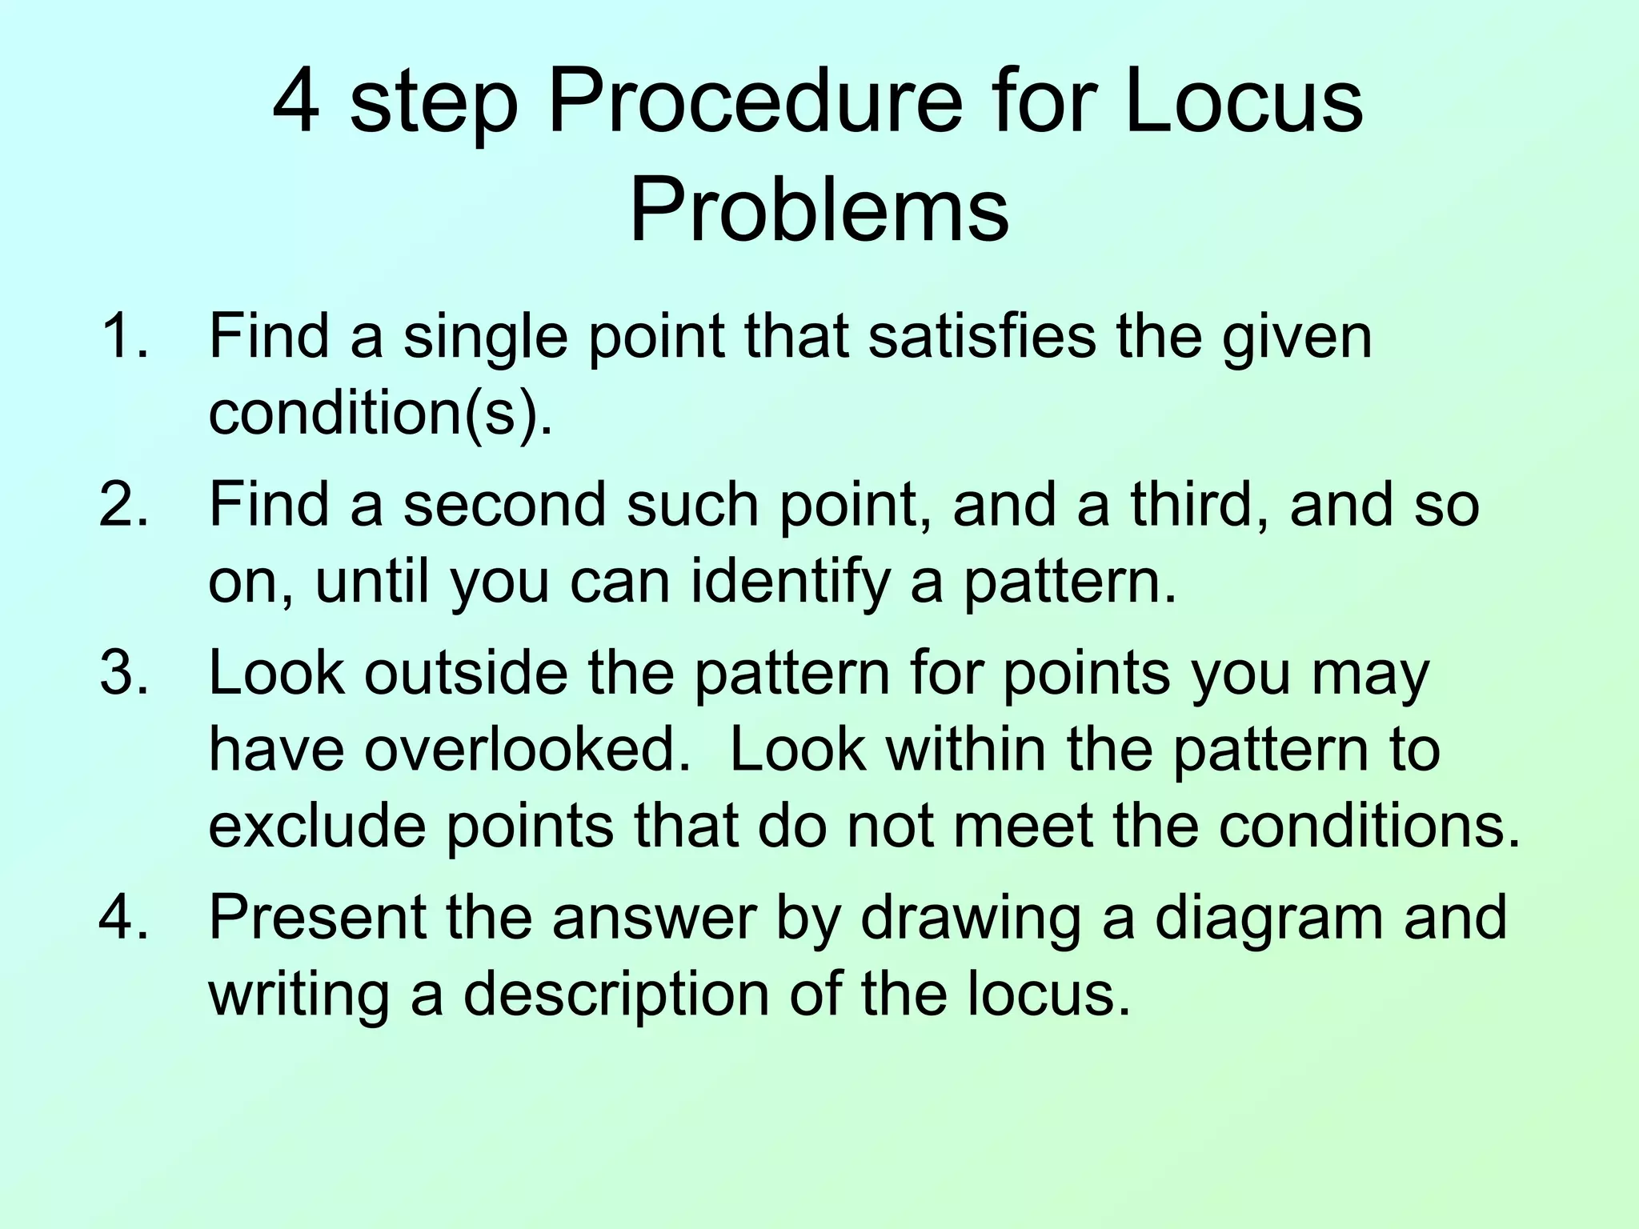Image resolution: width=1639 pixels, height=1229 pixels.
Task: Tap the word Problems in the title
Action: tap(819, 210)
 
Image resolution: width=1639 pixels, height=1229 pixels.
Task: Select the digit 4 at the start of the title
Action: tap(296, 104)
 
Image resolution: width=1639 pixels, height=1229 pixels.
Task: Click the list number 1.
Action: tap(124, 336)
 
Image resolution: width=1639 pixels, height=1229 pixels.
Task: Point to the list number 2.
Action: tap(124, 504)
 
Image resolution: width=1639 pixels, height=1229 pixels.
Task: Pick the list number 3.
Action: tap(124, 672)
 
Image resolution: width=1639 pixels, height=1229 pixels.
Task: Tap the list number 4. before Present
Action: tap(124, 917)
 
